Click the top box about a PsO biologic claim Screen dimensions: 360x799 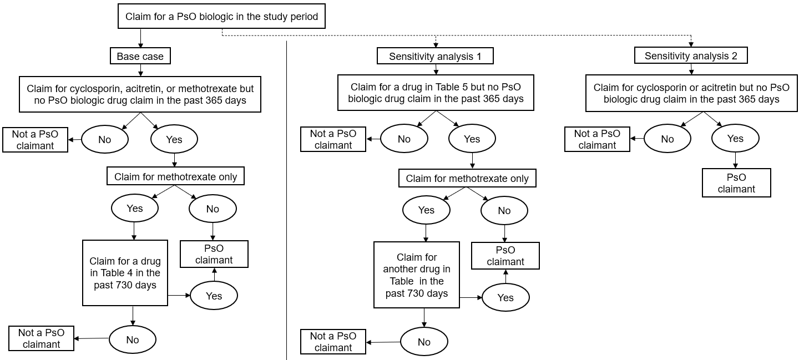[x=221, y=17]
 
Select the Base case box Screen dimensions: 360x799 [x=140, y=56]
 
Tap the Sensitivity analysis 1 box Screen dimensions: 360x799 [x=435, y=56]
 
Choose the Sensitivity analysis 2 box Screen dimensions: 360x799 [x=691, y=55]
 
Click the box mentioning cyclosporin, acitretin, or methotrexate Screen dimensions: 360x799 [x=140, y=94]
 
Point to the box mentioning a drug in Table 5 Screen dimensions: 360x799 [x=436, y=93]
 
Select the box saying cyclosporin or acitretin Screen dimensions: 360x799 [x=691, y=93]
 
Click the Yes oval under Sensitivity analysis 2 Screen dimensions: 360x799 [x=735, y=139]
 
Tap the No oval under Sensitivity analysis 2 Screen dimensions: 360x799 [x=667, y=139]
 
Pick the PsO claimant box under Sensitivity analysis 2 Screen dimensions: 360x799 [x=736, y=183]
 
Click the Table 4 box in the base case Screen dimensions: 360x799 [x=125, y=273]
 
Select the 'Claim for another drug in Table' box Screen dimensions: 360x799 [x=416, y=275]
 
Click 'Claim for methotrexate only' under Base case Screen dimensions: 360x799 [x=175, y=177]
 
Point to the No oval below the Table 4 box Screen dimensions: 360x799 [x=132, y=339]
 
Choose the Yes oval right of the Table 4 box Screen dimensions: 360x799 [x=214, y=296]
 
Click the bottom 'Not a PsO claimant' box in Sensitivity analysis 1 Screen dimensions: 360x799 [x=333, y=342]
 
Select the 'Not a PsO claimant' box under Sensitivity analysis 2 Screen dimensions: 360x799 [x=597, y=139]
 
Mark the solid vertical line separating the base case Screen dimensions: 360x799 [x=286, y=200]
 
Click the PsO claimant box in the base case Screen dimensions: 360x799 [x=214, y=254]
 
